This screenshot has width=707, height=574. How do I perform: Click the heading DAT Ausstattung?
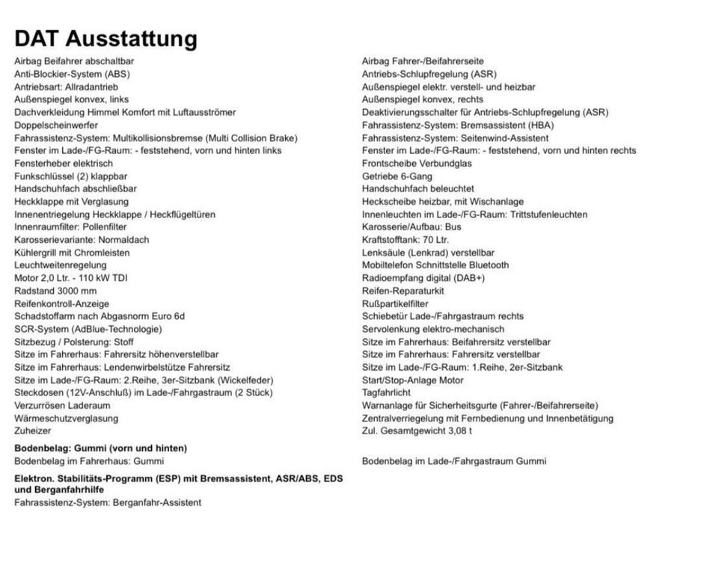point(105,38)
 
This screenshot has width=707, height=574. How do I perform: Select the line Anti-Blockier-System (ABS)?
point(72,74)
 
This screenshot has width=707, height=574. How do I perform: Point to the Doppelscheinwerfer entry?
point(56,125)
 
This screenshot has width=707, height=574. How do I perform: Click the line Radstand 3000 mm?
point(55,291)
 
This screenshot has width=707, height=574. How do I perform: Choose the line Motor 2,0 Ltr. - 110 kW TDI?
point(70,278)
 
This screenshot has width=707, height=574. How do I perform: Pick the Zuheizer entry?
point(33,431)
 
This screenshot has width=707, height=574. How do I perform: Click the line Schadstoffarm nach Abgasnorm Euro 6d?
point(100,316)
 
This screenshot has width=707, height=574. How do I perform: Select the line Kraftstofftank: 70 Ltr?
point(405,240)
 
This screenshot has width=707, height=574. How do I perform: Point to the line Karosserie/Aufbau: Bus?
point(411,227)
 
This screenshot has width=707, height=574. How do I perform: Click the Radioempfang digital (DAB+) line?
point(423,278)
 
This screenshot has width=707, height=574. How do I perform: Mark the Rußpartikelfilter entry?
point(395,303)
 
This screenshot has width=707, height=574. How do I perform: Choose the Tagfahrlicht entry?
point(386,393)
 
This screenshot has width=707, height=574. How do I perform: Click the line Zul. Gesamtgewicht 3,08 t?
point(417,431)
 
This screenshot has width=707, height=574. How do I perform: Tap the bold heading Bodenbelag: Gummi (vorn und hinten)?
point(100,448)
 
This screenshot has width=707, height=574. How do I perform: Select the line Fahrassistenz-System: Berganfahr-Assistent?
point(108,503)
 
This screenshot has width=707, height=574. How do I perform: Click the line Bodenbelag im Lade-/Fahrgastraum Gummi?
point(454,461)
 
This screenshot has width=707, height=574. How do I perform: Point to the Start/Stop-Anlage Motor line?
point(412,380)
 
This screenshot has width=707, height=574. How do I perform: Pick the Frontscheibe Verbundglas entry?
point(417,164)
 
